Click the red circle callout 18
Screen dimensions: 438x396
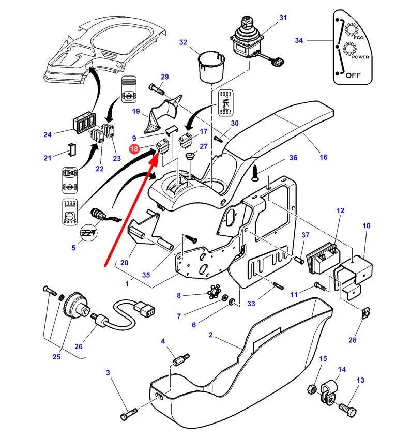134,149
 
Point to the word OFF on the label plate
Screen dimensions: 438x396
353,74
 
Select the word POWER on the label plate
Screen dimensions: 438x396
360,57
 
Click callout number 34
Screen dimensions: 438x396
313,40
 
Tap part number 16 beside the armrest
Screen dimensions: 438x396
323,157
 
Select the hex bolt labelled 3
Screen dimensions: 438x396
129,414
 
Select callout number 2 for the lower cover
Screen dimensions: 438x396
210,336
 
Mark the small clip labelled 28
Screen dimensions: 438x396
366,313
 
